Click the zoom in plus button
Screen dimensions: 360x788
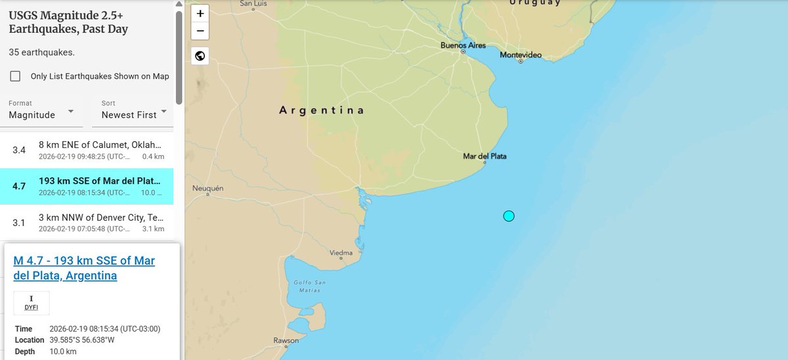coord(200,13)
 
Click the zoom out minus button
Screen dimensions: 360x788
coord(200,31)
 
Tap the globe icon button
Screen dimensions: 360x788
coord(200,56)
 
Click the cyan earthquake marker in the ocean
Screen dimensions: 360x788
coord(508,216)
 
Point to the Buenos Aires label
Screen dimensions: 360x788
coord(462,45)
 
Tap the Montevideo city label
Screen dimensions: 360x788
coord(521,55)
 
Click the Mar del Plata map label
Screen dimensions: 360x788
coord(485,156)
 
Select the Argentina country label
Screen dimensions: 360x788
coord(322,110)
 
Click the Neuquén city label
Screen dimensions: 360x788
coord(208,189)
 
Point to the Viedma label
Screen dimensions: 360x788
coord(341,252)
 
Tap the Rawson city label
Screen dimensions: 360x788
coord(286,340)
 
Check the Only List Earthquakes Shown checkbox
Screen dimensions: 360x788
coord(15,76)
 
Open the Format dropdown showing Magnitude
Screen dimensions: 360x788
coord(42,114)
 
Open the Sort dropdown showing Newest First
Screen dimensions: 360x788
coord(135,114)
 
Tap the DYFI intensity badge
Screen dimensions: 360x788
coord(32,303)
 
